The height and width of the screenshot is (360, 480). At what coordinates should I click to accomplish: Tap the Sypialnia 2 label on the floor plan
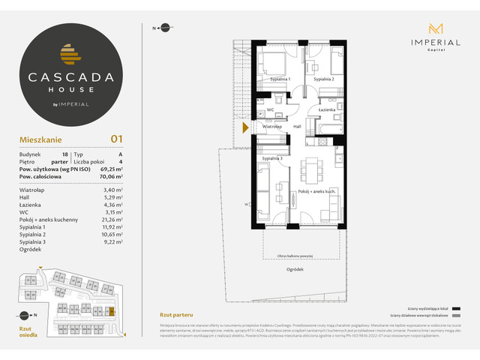[x=323, y=79]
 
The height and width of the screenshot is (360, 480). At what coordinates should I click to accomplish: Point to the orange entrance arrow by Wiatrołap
[x=244, y=127]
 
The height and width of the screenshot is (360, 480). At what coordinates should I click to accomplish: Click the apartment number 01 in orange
[x=116, y=138]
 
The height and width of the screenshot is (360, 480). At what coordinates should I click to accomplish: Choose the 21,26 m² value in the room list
[x=112, y=220]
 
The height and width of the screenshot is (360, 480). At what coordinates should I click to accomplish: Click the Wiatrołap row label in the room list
[x=31, y=191]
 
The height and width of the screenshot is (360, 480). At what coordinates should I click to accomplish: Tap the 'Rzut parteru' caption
[x=172, y=314]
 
